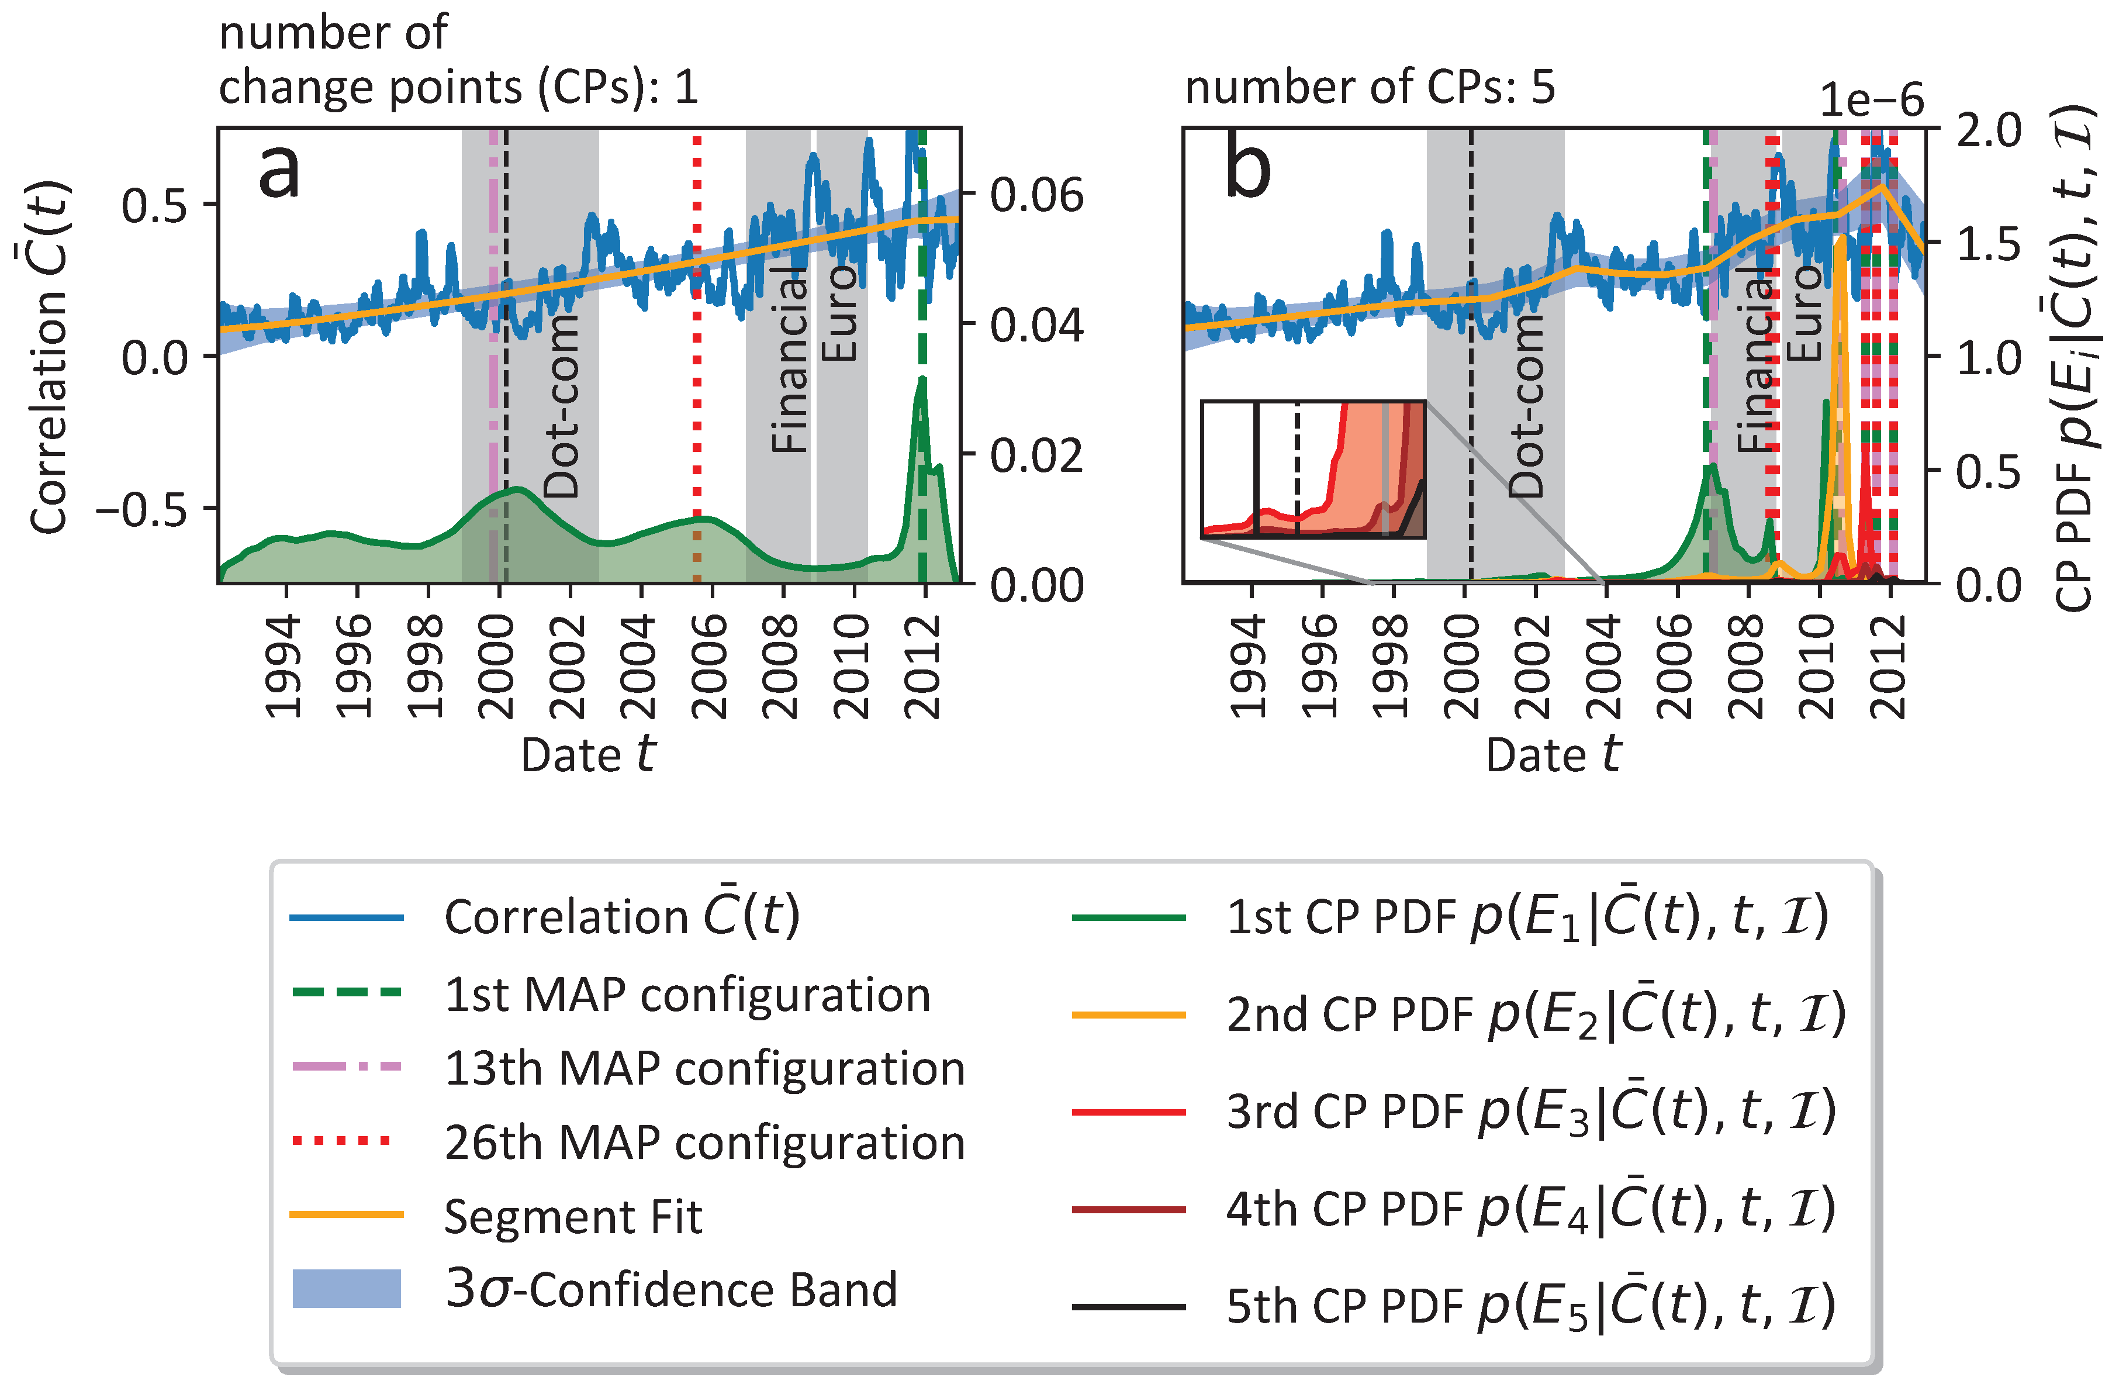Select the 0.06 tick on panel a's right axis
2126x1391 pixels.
(x=1036, y=195)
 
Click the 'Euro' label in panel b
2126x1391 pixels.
(x=1805, y=313)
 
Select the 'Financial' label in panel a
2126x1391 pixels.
(x=790, y=357)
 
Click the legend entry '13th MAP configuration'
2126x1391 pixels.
(x=704, y=1068)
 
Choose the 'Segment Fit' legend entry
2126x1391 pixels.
(x=573, y=1216)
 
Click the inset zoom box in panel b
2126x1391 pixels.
(x=1312, y=469)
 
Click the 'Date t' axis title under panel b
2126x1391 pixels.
(x=1553, y=755)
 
